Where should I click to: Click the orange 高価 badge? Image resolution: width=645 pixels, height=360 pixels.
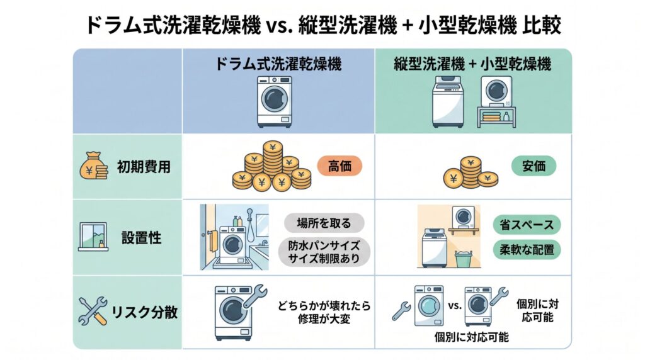click(340, 166)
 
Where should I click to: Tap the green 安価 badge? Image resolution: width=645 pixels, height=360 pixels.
click(534, 166)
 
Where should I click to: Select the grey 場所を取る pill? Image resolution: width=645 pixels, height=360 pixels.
click(324, 223)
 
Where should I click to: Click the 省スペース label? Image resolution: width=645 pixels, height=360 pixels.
click(527, 225)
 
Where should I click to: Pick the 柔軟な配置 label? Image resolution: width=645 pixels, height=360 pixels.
click(527, 249)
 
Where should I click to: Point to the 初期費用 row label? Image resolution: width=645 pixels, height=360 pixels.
click(144, 167)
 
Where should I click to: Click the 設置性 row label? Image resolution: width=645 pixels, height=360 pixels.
click(141, 237)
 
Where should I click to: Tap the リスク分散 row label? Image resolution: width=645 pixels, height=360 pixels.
click(144, 312)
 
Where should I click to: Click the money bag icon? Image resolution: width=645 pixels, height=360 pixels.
click(93, 166)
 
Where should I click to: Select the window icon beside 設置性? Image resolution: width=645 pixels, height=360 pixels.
click(93, 237)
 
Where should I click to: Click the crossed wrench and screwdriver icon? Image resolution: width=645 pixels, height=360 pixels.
click(93, 311)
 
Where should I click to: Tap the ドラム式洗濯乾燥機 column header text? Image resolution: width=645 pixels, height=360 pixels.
click(278, 64)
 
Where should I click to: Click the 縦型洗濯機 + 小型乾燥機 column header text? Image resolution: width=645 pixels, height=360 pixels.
click(472, 64)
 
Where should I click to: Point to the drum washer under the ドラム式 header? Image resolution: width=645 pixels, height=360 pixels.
click(275, 101)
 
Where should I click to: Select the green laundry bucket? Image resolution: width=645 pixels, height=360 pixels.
click(464, 259)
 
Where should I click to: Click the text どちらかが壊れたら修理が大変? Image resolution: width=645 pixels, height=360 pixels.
click(324, 312)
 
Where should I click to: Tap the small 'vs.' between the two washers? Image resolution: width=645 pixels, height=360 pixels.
click(455, 305)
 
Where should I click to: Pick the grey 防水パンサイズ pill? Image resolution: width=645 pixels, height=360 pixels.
click(324, 252)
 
